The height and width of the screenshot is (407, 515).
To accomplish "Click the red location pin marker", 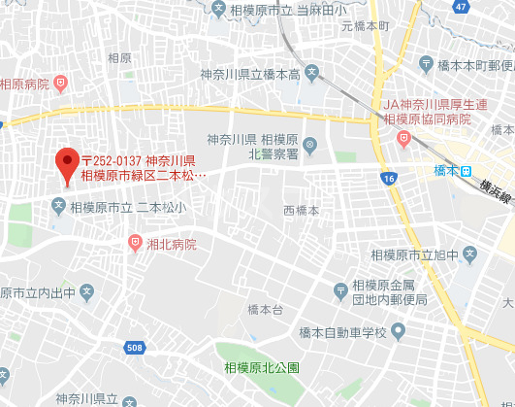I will click(67, 163).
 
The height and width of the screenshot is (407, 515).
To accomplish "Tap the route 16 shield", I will click(389, 179).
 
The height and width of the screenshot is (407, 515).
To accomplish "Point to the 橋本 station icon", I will click(467, 170).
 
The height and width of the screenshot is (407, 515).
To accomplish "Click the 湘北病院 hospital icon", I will click(135, 243).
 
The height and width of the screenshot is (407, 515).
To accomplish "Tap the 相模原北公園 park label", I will click(262, 367).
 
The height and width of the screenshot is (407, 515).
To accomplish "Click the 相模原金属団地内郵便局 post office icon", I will click(340, 290).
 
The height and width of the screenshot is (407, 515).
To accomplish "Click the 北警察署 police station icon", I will click(309, 147).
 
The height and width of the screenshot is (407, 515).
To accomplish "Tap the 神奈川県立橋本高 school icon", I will click(311, 73).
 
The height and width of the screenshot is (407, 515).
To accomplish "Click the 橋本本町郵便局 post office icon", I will click(428, 64).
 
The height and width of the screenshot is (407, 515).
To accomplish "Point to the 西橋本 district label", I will click(301, 210).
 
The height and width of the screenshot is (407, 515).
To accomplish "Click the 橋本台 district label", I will click(264, 310).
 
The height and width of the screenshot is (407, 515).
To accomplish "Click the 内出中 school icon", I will click(85, 291).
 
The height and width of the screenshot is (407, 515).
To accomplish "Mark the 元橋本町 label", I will click(365, 26).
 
